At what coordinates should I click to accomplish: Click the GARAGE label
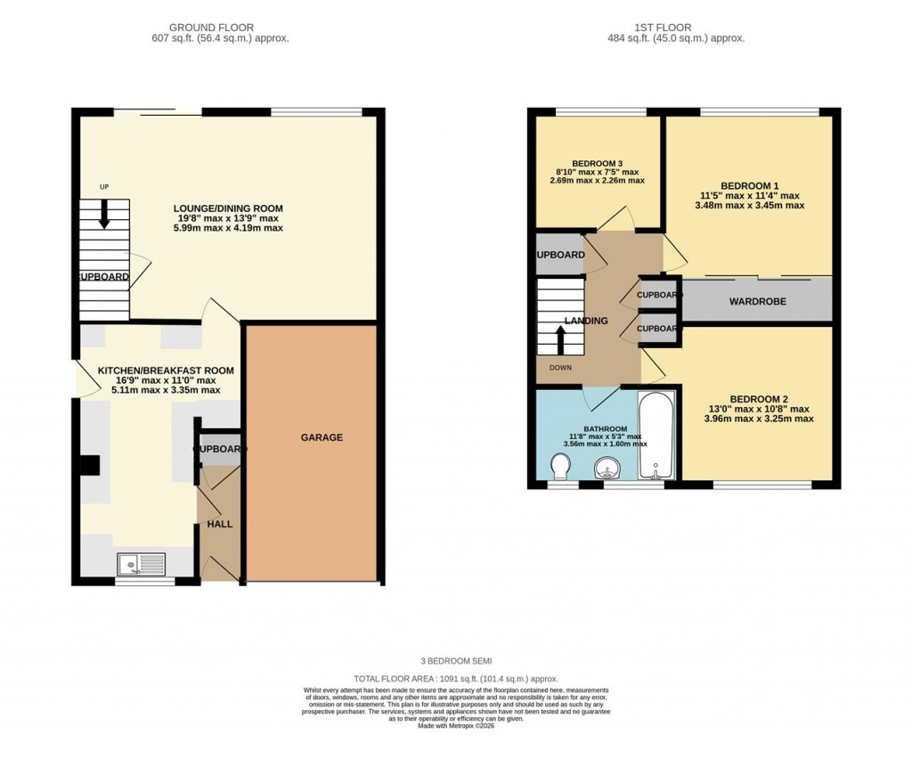321,437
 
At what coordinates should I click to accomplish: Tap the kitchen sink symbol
142,564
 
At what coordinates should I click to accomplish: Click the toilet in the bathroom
560,466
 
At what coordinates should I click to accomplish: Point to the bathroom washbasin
608,466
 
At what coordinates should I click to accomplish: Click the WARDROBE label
757,302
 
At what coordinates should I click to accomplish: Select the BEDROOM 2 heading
757,399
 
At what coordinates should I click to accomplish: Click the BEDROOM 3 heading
597,164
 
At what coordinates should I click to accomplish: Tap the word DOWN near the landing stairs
561,367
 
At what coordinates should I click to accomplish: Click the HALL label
219,525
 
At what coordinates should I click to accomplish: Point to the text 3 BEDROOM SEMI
456,661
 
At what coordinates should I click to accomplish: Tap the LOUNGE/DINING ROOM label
228,208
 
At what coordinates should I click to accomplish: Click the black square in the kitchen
90,466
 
